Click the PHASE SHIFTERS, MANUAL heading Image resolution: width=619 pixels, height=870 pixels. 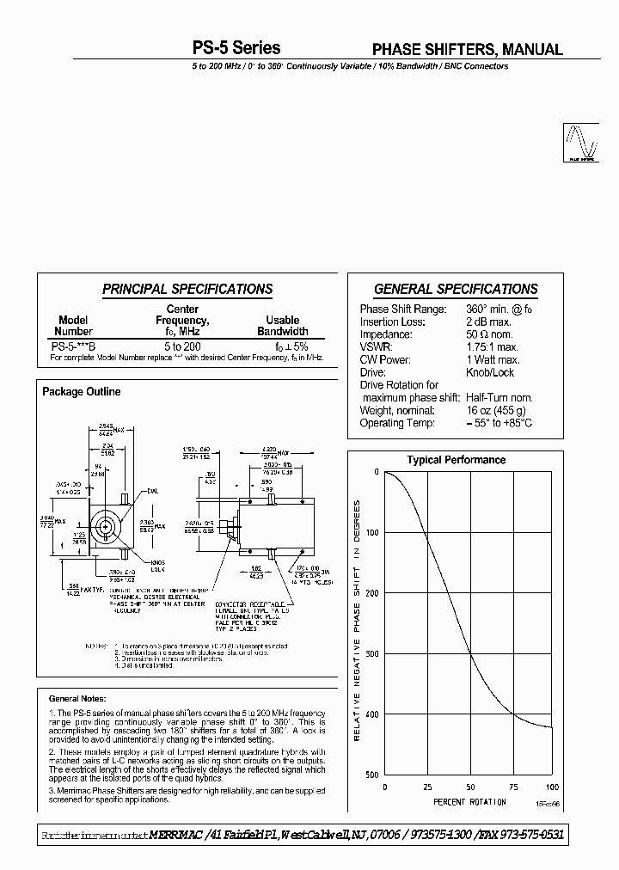coord(467,49)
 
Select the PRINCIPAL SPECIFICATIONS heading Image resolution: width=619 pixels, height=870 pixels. coord(187,290)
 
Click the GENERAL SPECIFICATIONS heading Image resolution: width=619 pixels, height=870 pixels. coord(456,290)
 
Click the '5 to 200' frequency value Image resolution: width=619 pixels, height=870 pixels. coord(181,344)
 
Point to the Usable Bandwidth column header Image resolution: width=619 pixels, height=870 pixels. coord(282,326)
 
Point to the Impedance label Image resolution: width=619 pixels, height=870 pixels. coord(386,334)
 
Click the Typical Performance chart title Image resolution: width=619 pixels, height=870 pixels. coord(456,460)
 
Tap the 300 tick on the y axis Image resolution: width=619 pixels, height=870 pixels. coord(371,653)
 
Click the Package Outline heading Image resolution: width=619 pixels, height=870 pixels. coord(82,392)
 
